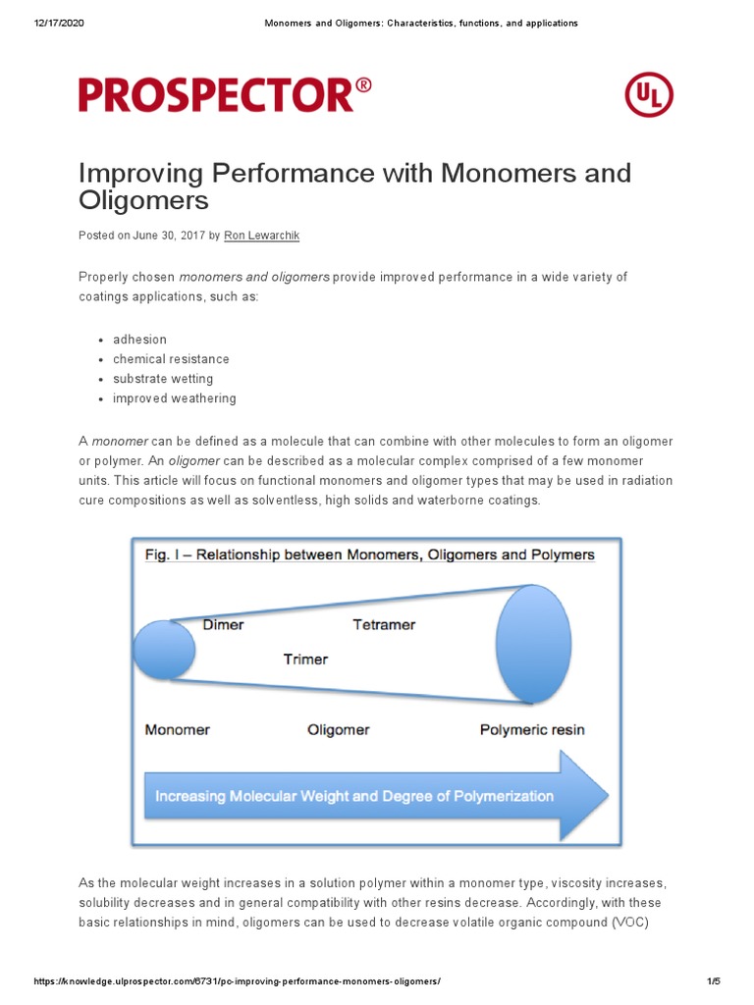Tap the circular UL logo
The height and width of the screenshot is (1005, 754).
click(x=649, y=95)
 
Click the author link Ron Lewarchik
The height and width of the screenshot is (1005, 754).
click(x=262, y=236)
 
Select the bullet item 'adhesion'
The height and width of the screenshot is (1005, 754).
click(x=139, y=340)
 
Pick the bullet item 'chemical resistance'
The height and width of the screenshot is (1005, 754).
click(x=171, y=359)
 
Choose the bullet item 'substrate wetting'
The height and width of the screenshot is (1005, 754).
click(x=163, y=379)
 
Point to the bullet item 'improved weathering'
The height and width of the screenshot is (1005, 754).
click(x=174, y=398)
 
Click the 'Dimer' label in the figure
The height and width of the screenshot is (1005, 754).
click(x=223, y=624)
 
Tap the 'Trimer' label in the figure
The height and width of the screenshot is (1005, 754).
click(x=305, y=659)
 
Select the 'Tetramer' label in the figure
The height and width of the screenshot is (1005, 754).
click(x=384, y=624)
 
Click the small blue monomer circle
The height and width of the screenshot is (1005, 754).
click(x=164, y=650)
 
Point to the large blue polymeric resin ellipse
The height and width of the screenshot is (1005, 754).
click(x=533, y=644)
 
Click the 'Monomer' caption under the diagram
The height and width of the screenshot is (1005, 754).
click(x=178, y=729)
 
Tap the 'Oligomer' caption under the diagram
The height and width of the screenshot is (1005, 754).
click(x=339, y=729)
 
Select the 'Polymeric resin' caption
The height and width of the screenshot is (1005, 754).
click(x=532, y=729)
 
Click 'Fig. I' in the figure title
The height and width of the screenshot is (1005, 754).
click(x=165, y=555)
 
